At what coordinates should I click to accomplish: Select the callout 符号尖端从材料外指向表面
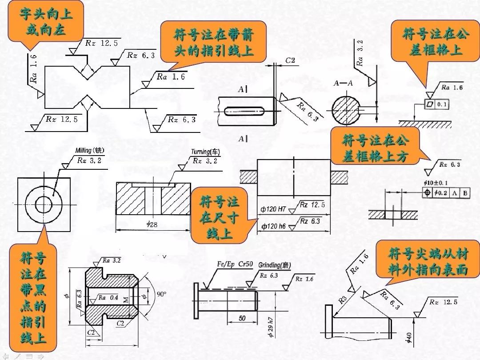point(428,262)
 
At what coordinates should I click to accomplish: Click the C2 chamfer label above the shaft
point(291,60)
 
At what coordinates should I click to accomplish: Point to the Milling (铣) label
point(90,151)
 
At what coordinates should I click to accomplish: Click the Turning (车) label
point(205,152)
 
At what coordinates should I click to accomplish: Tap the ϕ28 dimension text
point(152,224)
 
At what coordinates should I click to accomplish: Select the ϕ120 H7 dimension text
point(273,208)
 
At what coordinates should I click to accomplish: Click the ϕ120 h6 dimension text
point(273,226)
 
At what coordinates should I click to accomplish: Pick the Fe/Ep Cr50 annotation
point(235,264)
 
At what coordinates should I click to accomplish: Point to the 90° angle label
point(161,294)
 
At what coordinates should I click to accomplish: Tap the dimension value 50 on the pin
point(242,318)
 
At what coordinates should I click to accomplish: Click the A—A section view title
point(343,83)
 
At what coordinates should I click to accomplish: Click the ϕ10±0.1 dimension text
point(436,183)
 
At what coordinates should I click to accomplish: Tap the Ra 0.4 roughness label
point(108,297)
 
